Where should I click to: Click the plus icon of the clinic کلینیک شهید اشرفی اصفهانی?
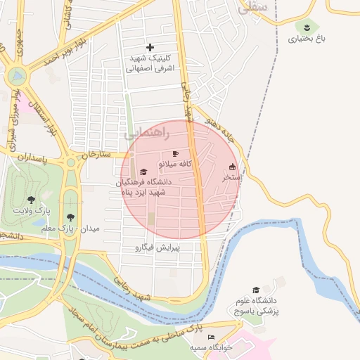(150, 47)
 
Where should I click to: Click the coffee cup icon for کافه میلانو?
(175, 153)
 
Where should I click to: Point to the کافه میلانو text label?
(177, 164)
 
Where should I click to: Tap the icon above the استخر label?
(233, 167)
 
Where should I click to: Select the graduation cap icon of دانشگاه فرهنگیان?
(143, 172)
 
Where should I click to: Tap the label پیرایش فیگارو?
(157, 248)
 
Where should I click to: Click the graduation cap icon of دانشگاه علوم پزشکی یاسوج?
(256, 290)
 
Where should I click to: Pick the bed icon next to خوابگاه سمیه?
(212, 337)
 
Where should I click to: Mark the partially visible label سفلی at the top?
(253, 8)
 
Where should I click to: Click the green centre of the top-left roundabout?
(17, 75)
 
